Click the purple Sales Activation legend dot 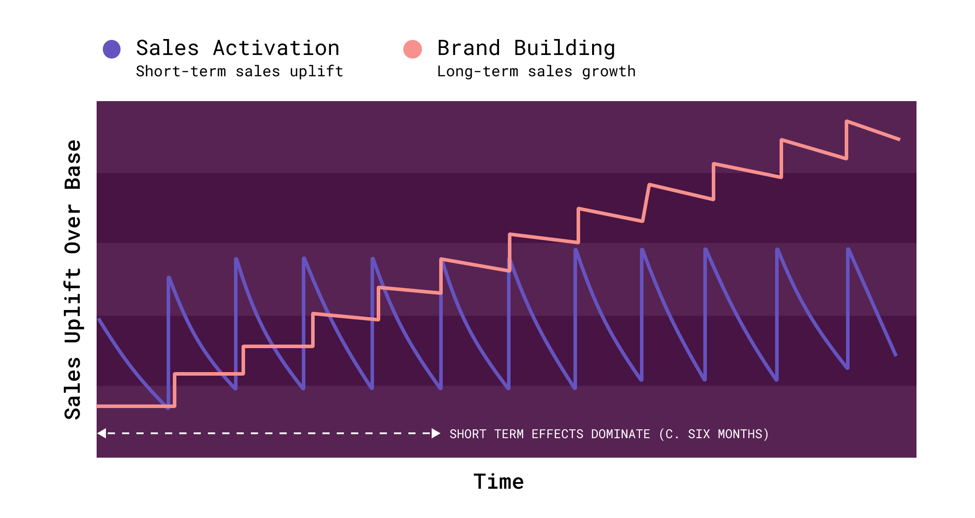tap(112, 49)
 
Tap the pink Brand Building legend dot tap(413, 49)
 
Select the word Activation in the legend tap(276, 48)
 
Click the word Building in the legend tap(564, 48)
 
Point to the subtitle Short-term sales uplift tap(239, 71)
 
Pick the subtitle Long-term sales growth tap(536, 71)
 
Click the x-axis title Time tap(499, 482)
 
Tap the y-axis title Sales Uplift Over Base tap(73, 279)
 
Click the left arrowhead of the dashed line tap(102, 433)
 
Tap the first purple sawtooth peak tap(169, 278)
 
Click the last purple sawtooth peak tap(848, 249)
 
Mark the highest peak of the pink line tap(847, 121)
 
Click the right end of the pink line tap(899, 140)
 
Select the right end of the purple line tap(896, 355)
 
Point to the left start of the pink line tap(98, 406)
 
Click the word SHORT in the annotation tap(468, 434)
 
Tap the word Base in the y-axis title tap(73, 165)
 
